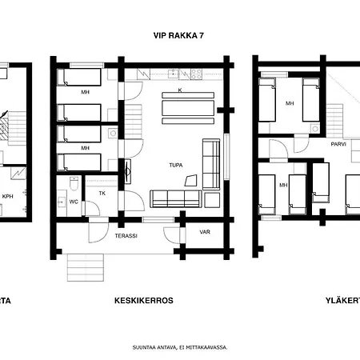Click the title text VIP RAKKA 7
[x=180, y=36]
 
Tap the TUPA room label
[x=176, y=165]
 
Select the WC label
[x=73, y=202]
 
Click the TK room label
[x=102, y=193]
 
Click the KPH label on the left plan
[x=7, y=195]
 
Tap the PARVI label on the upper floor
[x=338, y=145]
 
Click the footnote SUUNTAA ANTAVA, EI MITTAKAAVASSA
[x=180, y=347]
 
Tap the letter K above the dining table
[x=179, y=90]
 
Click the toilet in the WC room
[x=74, y=186]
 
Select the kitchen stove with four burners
[x=194, y=74]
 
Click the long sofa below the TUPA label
[x=175, y=198]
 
